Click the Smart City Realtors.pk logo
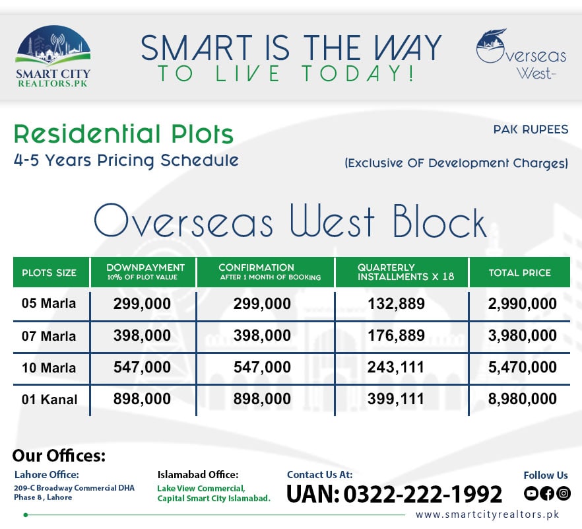(53, 57)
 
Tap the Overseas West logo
(521, 55)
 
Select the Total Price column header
(519, 273)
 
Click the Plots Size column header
(49, 273)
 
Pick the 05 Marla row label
(49, 304)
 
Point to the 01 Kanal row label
(49, 399)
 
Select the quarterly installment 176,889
(397, 335)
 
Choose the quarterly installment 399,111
(397, 399)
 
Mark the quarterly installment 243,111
(397, 367)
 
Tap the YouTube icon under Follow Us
(531, 493)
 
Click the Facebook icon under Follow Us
(547, 493)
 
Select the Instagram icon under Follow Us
(563, 493)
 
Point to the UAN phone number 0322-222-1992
(394, 494)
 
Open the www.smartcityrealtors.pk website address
(492, 514)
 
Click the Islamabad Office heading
(198, 475)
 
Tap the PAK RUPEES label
(531, 129)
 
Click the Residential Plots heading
(123, 134)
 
